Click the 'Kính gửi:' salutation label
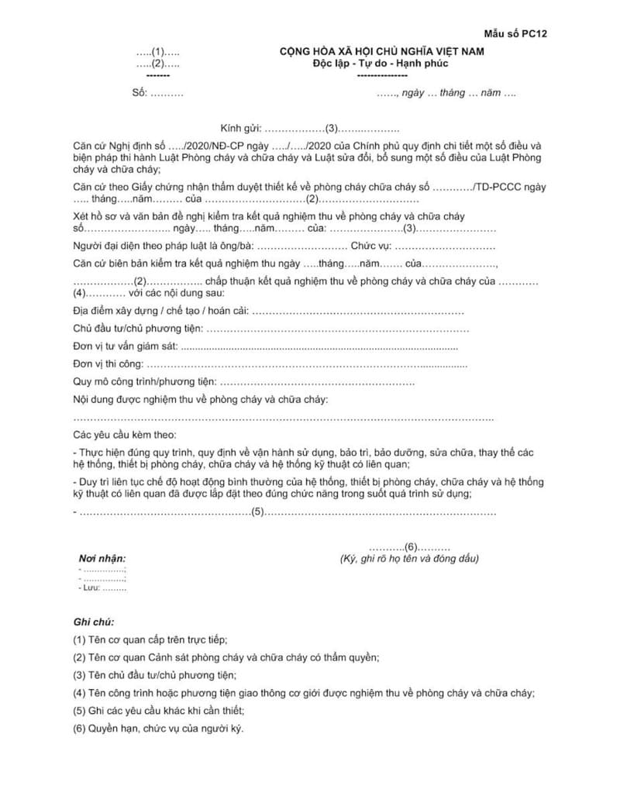click(x=242, y=128)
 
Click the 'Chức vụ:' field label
click(x=370, y=246)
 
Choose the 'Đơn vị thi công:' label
click(x=108, y=364)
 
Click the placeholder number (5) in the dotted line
click(x=258, y=512)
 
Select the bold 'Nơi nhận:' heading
click(x=102, y=559)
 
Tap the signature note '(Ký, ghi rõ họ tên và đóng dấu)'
click(x=409, y=559)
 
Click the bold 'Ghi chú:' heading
click(x=94, y=622)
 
